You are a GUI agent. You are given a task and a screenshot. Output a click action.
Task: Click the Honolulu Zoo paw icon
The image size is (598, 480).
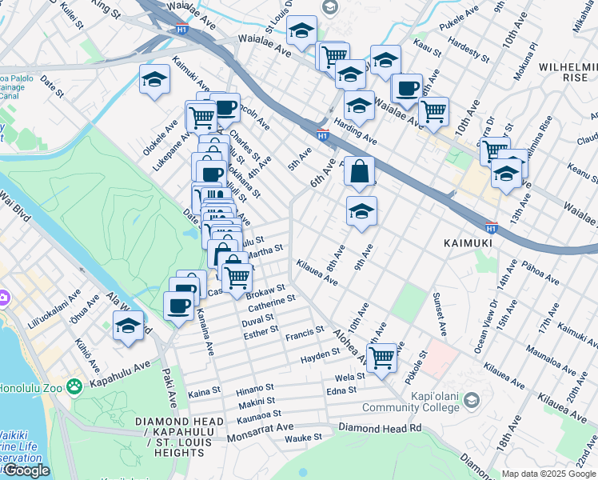pos(74,386)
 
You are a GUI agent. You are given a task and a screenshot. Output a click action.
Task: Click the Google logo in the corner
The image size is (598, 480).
pos(26,470)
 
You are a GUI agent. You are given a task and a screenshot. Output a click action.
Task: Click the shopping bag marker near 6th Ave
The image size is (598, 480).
pos(361,170)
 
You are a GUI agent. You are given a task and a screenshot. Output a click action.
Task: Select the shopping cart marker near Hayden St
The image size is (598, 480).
pos(383,357)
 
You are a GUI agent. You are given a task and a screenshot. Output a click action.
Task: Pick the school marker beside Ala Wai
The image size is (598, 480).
pos(128,326)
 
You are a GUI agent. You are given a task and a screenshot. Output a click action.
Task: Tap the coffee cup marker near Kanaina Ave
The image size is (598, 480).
pos(178,305)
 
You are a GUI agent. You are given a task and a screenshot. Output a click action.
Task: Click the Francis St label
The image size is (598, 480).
pos(305,330)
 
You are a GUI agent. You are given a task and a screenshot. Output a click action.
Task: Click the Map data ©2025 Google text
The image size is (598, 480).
pos(548,474)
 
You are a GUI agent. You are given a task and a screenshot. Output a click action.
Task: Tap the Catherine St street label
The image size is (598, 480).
pos(272,302)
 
